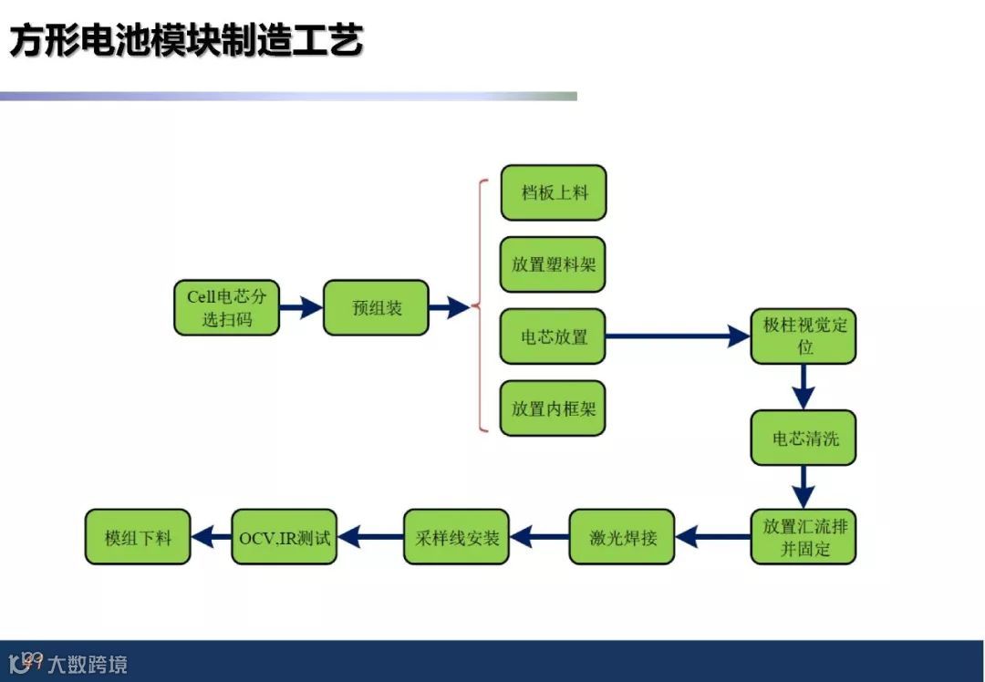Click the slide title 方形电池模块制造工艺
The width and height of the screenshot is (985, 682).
click(187, 41)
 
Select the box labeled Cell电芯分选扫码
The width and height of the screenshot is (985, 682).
click(226, 307)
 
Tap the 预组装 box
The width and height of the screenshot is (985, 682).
click(376, 307)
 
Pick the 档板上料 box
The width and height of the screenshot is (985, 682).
click(553, 192)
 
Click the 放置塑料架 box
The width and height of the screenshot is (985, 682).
click(553, 264)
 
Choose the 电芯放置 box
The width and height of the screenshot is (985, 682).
click(553, 336)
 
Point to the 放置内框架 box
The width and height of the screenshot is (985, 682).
click(553, 408)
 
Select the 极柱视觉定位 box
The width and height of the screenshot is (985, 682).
click(804, 336)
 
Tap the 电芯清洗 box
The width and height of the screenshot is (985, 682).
click(804, 438)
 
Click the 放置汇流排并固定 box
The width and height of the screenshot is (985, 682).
click(804, 537)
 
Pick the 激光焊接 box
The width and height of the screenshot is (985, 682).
click(622, 537)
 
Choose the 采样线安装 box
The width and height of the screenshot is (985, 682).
click(456, 537)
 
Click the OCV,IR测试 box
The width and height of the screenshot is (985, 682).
click(284, 537)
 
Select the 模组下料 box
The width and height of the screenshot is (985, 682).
click(138, 537)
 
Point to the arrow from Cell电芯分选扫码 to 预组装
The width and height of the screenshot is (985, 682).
click(301, 307)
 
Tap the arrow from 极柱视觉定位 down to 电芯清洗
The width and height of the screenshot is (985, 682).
click(804, 387)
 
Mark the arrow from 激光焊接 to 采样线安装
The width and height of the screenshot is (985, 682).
click(540, 537)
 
